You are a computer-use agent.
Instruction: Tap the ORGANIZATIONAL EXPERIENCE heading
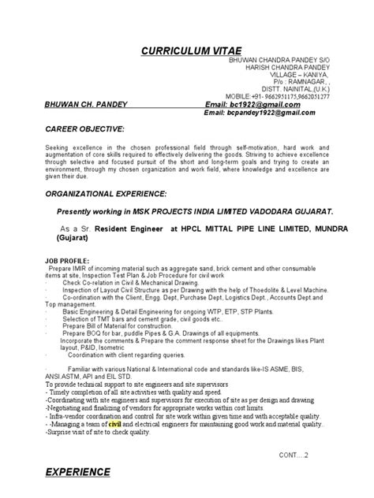click(x=106, y=193)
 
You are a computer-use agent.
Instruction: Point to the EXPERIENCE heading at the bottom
click(x=78, y=472)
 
